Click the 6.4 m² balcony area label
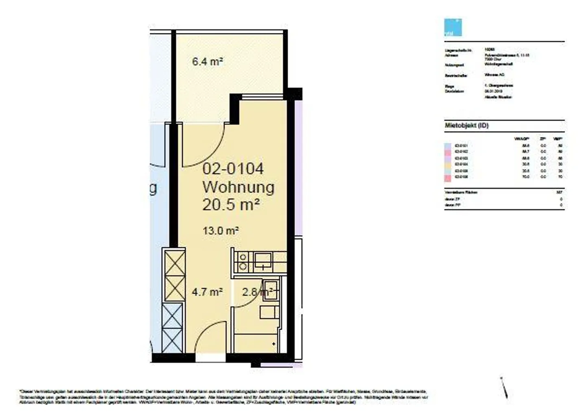click(207, 62)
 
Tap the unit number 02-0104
click(233, 169)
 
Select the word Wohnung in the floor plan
click(238, 187)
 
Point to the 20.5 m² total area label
click(231, 205)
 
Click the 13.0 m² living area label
click(220, 231)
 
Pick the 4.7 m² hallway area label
click(207, 292)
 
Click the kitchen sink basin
click(263, 258)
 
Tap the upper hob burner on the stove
click(243, 257)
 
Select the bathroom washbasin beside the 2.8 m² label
click(270, 291)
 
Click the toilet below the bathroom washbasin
click(269, 313)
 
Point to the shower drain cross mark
click(273, 344)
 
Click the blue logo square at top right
click(453, 27)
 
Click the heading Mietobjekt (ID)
click(466, 125)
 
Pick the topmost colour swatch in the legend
click(448, 145)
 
